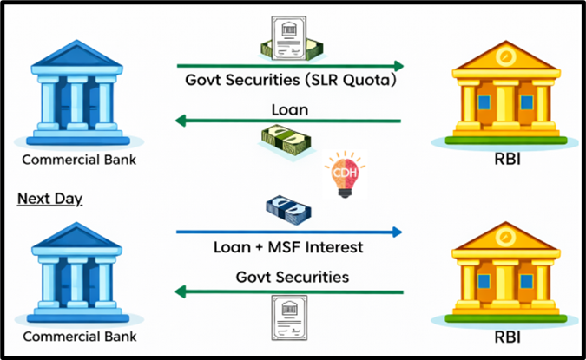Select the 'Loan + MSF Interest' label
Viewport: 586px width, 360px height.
tap(288, 247)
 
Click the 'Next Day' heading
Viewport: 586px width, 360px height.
tap(50, 200)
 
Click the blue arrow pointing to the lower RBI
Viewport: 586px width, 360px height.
tap(289, 232)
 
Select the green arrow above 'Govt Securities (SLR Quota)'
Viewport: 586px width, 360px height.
tap(289, 66)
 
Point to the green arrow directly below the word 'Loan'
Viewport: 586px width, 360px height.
tap(289, 121)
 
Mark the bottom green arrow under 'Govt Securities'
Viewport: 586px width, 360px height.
tap(289, 292)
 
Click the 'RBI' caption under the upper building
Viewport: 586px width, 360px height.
tap(510, 160)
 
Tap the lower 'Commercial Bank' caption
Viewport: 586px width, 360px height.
tap(79, 336)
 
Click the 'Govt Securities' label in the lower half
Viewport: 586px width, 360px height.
tap(290, 277)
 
